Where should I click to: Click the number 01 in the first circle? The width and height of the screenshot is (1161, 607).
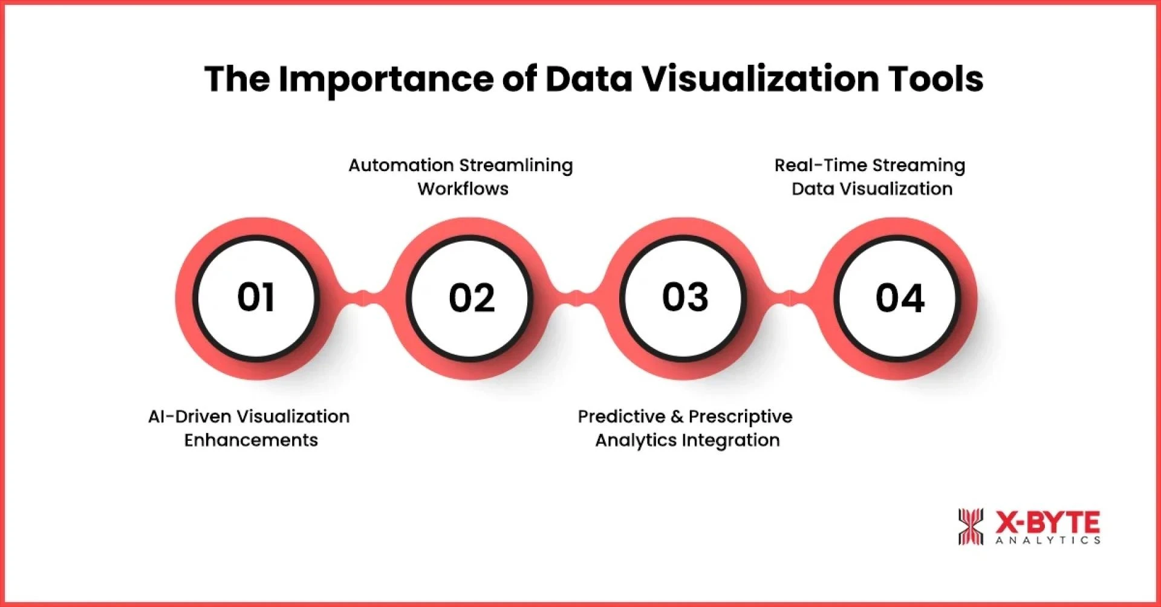(256, 297)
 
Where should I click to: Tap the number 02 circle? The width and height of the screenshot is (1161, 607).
(472, 298)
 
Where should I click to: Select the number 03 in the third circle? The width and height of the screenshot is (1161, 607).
(685, 297)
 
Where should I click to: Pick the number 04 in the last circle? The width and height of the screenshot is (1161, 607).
(900, 298)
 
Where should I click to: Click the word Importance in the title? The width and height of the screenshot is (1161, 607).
(386, 79)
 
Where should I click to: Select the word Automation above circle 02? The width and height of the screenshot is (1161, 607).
(401, 165)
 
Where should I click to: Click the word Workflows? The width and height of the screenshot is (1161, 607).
(463, 189)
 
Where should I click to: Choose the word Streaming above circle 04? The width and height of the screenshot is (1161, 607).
(919, 165)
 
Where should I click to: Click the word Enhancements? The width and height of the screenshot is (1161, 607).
(251, 440)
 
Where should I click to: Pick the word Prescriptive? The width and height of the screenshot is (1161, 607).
(740, 417)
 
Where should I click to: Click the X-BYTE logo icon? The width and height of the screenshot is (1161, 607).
(971, 526)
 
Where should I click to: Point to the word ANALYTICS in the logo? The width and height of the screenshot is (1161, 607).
(1048, 540)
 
